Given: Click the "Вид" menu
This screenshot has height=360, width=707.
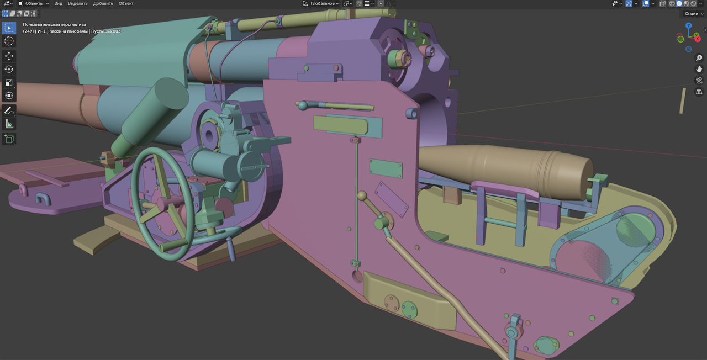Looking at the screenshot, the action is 58,3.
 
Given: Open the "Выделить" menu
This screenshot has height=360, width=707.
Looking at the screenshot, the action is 78,3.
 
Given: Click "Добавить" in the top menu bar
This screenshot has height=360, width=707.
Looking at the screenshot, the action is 103,3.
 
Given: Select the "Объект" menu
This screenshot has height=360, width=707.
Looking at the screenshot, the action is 126,3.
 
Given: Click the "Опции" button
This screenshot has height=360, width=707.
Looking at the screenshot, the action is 693,14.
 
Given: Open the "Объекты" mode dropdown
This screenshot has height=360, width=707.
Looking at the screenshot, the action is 33,3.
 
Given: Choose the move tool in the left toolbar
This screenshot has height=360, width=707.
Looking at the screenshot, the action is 9,56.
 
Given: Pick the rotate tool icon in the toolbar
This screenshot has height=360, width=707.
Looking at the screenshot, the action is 9,69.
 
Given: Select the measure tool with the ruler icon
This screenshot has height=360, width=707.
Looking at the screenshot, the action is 9,124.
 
